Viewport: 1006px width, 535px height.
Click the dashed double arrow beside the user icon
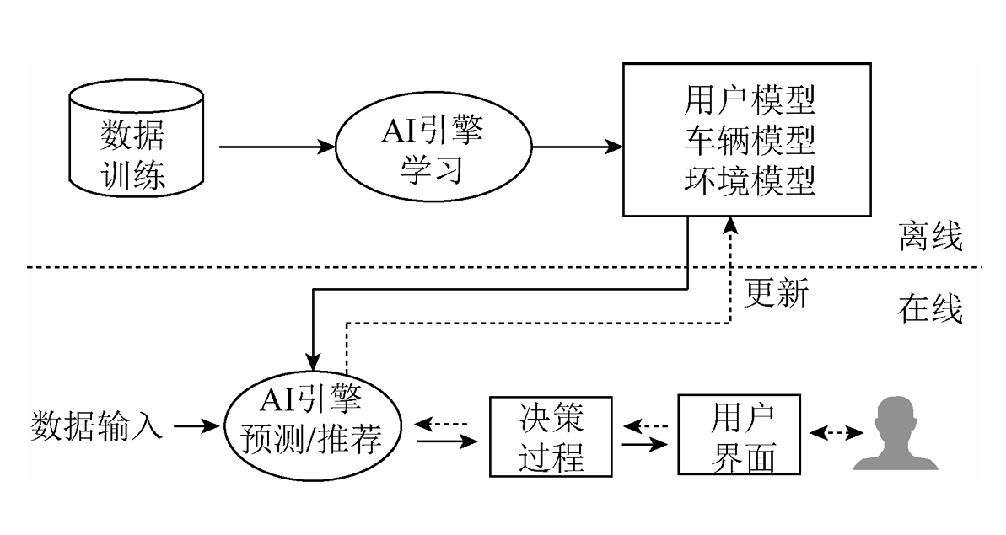pyautogui.click(x=836, y=433)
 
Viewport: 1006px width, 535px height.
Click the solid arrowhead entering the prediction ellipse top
pyautogui.click(x=314, y=359)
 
